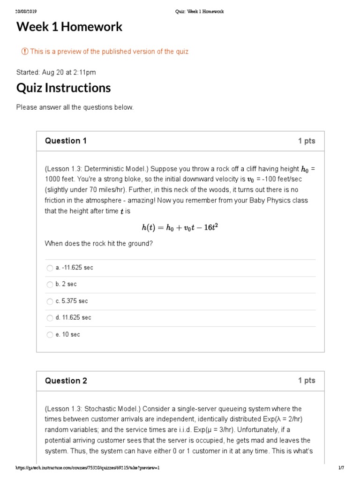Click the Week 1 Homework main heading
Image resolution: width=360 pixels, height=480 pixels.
(69, 27)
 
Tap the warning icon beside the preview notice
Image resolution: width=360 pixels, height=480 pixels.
(25, 52)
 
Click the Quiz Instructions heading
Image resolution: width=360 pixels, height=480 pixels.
(63, 88)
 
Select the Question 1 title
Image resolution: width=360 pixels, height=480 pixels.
(66, 141)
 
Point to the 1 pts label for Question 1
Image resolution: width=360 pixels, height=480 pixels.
(307, 141)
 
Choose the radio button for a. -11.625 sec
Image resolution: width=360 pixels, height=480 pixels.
(50, 268)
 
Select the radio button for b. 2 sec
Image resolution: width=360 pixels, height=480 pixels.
(50, 285)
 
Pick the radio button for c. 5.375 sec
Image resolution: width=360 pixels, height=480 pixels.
(50, 301)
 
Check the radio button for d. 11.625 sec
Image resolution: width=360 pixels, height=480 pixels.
(50, 318)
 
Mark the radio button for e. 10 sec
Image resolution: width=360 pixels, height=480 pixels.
(50, 335)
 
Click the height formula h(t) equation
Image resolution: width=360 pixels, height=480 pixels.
(180, 228)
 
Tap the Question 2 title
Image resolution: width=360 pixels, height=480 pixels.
(66, 381)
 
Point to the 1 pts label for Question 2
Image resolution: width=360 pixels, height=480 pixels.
(307, 381)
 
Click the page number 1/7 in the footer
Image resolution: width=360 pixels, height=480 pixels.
(341, 468)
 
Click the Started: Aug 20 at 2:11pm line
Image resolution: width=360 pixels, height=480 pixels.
(56, 72)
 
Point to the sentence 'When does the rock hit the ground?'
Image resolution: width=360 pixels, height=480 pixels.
(98, 244)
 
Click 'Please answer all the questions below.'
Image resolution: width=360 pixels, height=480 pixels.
(75, 107)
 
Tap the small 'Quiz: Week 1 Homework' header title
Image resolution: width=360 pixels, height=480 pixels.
(196, 12)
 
